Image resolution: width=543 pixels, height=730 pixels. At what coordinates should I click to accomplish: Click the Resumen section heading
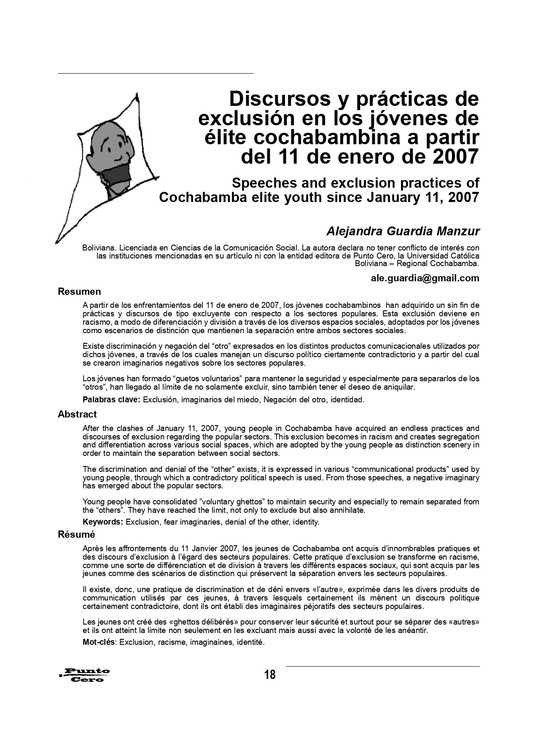79,291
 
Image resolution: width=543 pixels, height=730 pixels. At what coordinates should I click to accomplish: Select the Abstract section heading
77,414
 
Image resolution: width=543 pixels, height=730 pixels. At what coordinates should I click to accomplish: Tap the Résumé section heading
76,534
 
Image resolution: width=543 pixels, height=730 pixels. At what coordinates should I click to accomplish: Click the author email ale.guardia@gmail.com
425,278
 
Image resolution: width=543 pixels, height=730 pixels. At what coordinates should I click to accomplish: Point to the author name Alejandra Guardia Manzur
403,231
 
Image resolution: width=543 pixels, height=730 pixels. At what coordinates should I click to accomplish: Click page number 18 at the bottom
270,675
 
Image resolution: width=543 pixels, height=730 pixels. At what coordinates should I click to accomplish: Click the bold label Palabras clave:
111,399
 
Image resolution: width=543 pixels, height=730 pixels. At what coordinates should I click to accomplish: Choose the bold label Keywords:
103,522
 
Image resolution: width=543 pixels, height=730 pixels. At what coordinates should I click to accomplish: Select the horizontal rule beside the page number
382,666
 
